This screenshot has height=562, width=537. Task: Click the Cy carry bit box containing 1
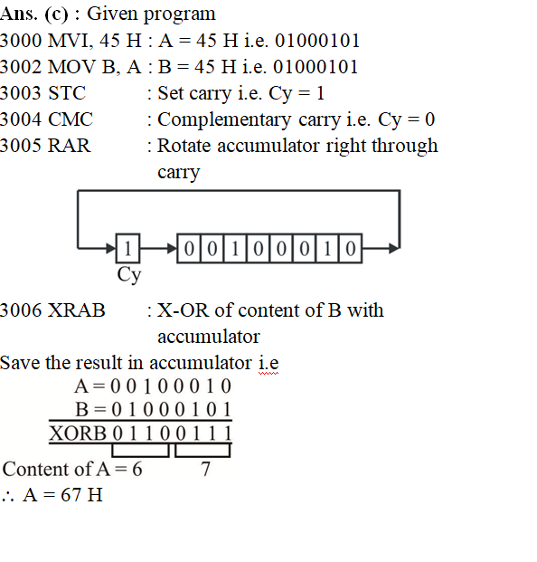[x=127, y=248]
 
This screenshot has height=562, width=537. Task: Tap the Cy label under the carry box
[x=129, y=275]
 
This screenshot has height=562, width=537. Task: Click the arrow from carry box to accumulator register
[x=158, y=248]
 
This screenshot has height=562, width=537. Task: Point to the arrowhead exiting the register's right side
[x=394, y=248]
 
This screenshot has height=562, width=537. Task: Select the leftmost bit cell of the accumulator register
[x=189, y=248]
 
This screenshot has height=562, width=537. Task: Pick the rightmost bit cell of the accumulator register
[x=351, y=248]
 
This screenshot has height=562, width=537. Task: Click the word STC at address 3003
[x=67, y=93]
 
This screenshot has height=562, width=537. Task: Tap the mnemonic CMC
[x=71, y=119]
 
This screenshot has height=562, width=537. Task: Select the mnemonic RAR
[x=69, y=146]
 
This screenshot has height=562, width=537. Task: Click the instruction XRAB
[x=77, y=310]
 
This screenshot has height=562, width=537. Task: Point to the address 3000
[x=21, y=41]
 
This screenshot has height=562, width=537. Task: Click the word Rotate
[x=184, y=146]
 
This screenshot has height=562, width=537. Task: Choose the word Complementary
[x=224, y=120]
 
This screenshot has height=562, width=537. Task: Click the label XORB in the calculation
[x=78, y=433]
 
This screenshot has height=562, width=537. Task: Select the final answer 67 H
[x=81, y=495]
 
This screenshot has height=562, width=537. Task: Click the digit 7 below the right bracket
[x=205, y=469]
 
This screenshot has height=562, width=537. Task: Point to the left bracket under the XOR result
[x=140, y=451]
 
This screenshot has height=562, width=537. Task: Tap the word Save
[x=20, y=363]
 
